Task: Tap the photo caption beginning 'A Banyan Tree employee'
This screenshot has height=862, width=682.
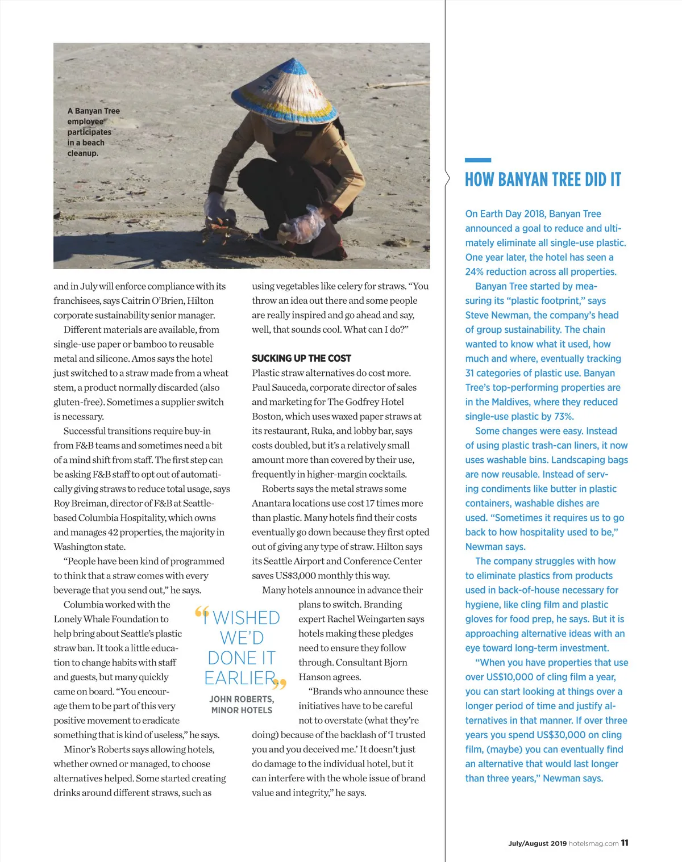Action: pyautogui.click(x=93, y=132)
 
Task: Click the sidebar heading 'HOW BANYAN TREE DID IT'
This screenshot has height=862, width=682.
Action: pyautogui.click(x=543, y=180)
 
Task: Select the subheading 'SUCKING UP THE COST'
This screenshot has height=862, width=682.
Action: pyautogui.click(x=301, y=358)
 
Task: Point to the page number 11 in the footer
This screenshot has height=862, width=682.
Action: pyautogui.click(x=625, y=843)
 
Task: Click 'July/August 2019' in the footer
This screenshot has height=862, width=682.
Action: pyautogui.click(x=537, y=843)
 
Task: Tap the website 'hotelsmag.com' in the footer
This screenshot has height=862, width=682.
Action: pyautogui.click(x=593, y=843)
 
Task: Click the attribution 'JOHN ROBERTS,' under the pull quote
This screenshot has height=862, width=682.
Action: pyautogui.click(x=242, y=699)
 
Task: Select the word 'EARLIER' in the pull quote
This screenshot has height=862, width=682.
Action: pyautogui.click(x=240, y=678)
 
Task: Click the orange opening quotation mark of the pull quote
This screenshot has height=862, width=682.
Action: pyautogui.click(x=202, y=613)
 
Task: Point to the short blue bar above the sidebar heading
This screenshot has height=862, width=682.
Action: pyautogui.click(x=477, y=160)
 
